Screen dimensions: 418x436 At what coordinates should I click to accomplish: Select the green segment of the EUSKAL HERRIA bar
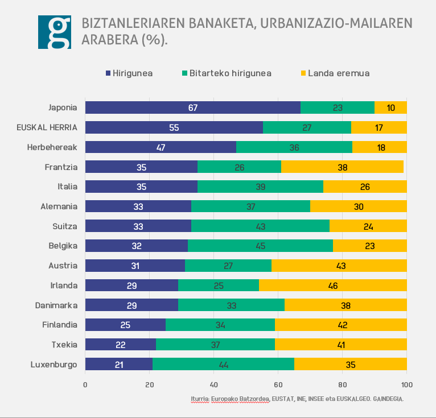coord(307,127)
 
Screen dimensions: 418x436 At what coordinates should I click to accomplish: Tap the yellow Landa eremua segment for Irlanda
coord(333,285)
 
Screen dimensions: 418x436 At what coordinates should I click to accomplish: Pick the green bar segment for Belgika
coord(260,246)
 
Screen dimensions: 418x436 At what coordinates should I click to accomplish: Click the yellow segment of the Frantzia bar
coord(342,167)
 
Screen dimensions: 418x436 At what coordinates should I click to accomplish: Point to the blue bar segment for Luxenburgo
coord(118,364)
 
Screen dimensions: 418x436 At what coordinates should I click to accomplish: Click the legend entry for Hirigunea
coord(129,73)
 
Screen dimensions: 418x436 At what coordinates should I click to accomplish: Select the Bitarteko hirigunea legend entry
coord(226,73)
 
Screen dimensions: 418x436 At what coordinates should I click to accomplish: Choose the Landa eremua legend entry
coord(335,73)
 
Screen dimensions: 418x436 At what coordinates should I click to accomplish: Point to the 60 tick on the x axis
coord(278,384)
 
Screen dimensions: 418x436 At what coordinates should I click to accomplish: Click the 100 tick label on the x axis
coord(406,384)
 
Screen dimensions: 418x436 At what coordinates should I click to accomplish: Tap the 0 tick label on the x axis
coord(85,384)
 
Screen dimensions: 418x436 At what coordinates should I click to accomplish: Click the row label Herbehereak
coord(52,147)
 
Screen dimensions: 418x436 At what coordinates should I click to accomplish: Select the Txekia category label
coord(64,344)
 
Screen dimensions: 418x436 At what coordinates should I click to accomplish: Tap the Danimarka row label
coord(56,305)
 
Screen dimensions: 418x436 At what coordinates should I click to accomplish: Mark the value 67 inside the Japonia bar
coord(193,107)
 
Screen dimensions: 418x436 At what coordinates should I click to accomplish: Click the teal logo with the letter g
coord(54,32)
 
